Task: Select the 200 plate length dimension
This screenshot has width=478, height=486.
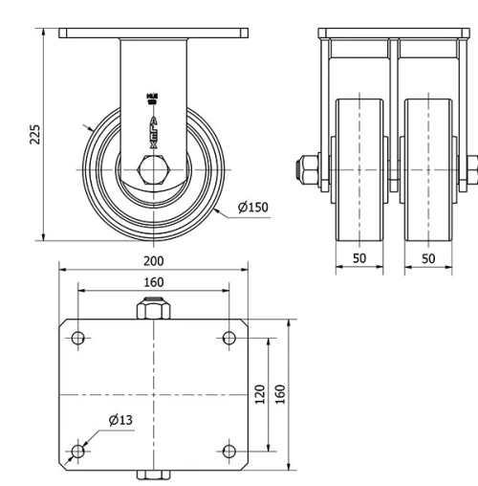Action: tap(153, 259)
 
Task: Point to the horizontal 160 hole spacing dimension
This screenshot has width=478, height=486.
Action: tap(153, 281)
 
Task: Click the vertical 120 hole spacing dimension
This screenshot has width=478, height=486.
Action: tap(260, 394)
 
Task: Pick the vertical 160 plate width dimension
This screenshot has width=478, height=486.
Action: tap(280, 394)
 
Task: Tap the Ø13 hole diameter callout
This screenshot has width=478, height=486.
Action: tap(120, 419)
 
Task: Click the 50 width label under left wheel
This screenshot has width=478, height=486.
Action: tap(359, 259)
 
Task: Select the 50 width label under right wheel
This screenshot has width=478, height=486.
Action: tap(427, 259)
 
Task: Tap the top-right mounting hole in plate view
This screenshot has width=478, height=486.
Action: tap(228, 337)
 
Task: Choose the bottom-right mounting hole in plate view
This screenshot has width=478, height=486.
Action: tap(228, 451)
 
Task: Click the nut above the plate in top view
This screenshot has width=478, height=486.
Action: tap(153, 310)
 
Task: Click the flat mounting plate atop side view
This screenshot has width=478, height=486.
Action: tap(153, 33)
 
